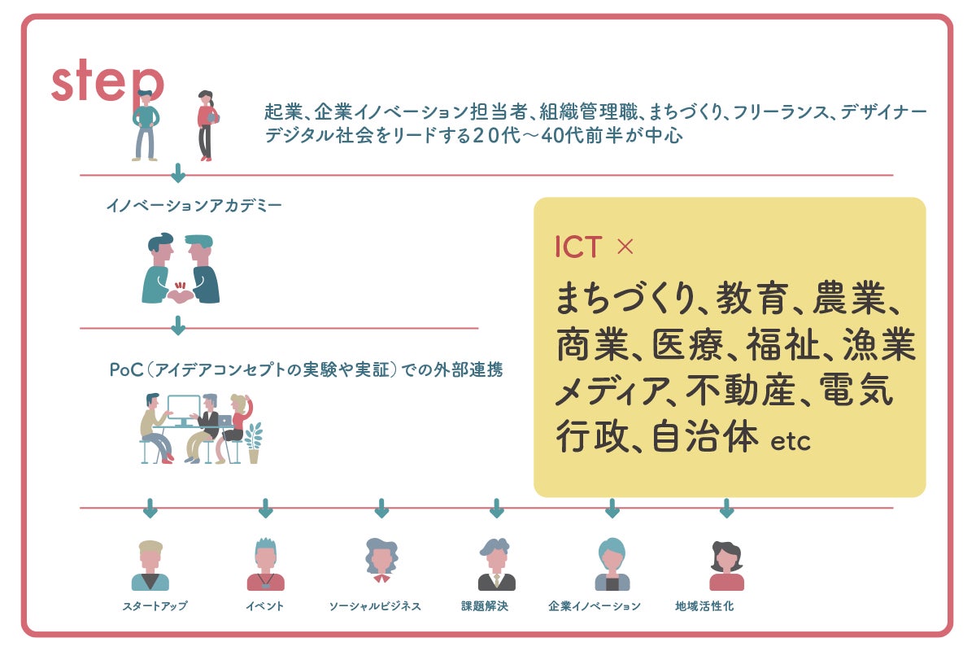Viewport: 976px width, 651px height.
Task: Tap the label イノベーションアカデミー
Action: click(194, 205)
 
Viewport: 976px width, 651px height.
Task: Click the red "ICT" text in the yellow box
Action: click(578, 247)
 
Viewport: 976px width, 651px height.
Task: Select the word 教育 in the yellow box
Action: click(752, 297)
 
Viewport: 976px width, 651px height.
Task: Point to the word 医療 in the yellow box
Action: click(687, 344)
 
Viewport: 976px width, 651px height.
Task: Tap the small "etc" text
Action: click(791, 441)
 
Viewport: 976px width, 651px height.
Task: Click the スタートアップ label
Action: click(155, 605)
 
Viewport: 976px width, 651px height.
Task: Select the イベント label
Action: click(265, 605)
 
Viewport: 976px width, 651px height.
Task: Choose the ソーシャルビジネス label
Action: click(375, 605)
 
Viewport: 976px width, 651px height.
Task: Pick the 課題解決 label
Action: click(485, 605)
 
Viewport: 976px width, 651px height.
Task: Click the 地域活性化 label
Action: click(704, 605)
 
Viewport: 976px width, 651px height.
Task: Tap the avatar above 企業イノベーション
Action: click(612, 564)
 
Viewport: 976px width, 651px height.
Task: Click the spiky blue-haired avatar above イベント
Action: click(266, 564)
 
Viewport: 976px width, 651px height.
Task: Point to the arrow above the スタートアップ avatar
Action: click(150, 508)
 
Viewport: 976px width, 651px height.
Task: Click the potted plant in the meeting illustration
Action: click(254, 443)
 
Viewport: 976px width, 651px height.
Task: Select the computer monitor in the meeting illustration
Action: click(184, 411)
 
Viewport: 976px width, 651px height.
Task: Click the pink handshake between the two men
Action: click(181, 295)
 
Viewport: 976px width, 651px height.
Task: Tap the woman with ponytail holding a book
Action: click(207, 125)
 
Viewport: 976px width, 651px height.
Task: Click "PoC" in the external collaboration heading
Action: click(126, 369)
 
